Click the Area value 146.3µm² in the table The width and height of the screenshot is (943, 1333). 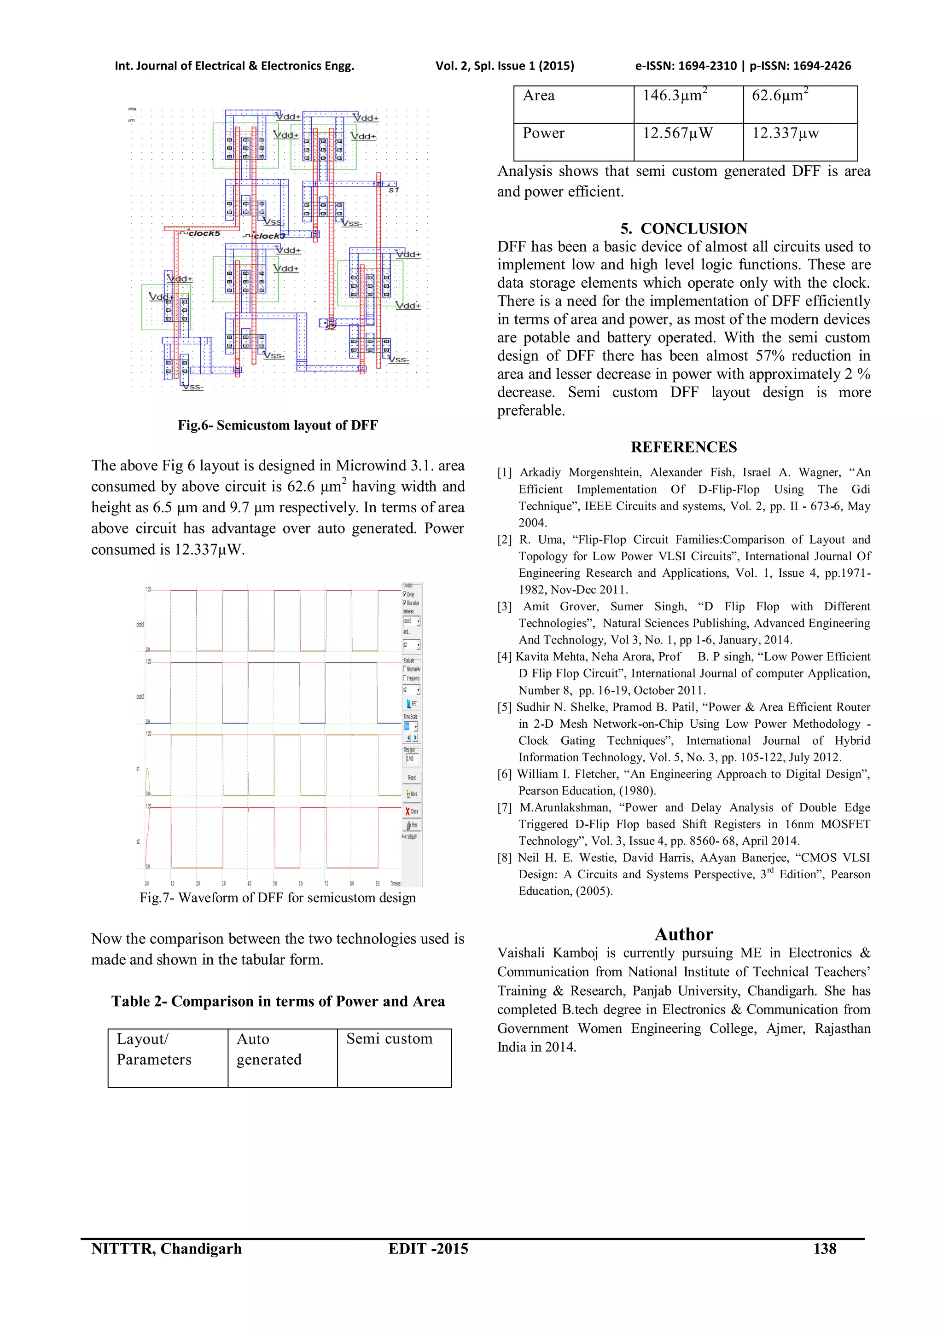[675, 96]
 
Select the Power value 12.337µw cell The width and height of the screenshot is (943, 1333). [785, 133]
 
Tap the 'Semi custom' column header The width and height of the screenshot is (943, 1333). [389, 1039]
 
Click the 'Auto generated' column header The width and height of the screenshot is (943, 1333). [268, 1049]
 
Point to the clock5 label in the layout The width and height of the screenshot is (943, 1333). [204, 233]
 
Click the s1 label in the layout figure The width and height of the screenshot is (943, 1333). [393, 190]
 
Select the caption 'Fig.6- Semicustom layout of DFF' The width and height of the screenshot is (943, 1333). [278, 426]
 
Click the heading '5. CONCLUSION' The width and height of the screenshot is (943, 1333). [683, 228]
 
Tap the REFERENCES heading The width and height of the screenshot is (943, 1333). [683, 447]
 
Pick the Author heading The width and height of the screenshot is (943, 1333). [683, 934]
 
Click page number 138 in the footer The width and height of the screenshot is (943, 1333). [825, 1249]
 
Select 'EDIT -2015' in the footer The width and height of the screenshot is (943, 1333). [428, 1249]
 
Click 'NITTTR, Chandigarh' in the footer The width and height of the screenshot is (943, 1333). [166, 1249]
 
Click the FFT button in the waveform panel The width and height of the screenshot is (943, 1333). [411, 704]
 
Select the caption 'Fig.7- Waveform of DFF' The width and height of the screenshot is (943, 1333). [278, 898]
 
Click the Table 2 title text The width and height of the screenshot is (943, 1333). [278, 1002]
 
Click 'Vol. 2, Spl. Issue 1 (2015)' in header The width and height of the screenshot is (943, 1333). [505, 66]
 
